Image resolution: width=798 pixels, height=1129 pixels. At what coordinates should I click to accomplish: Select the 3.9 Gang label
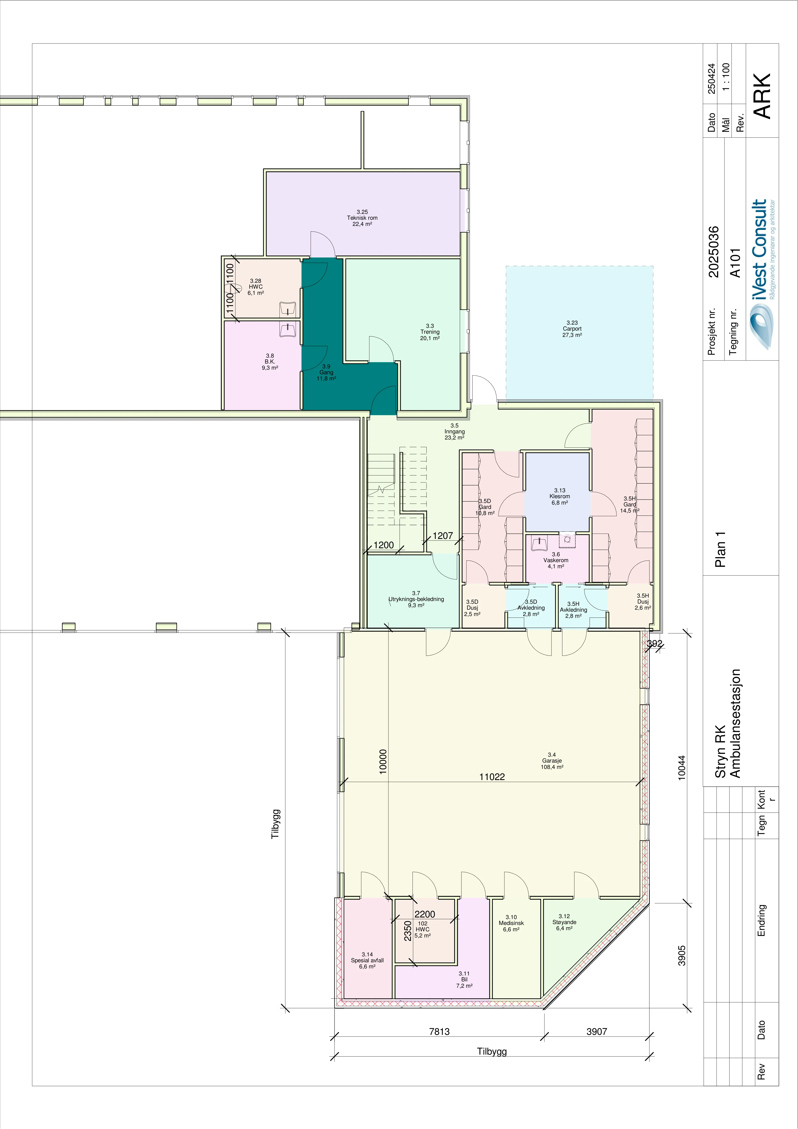tap(326, 372)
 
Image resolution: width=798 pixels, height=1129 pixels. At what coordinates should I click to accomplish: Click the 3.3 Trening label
tap(430, 332)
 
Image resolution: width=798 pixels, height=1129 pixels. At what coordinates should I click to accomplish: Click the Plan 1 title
tap(720, 549)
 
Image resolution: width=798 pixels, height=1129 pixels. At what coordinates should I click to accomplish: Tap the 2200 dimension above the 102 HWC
tap(425, 914)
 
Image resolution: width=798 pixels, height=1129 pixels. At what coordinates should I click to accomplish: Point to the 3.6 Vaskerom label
tap(556, 560)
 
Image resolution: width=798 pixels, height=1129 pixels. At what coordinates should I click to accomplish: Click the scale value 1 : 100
tap(726, 77)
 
